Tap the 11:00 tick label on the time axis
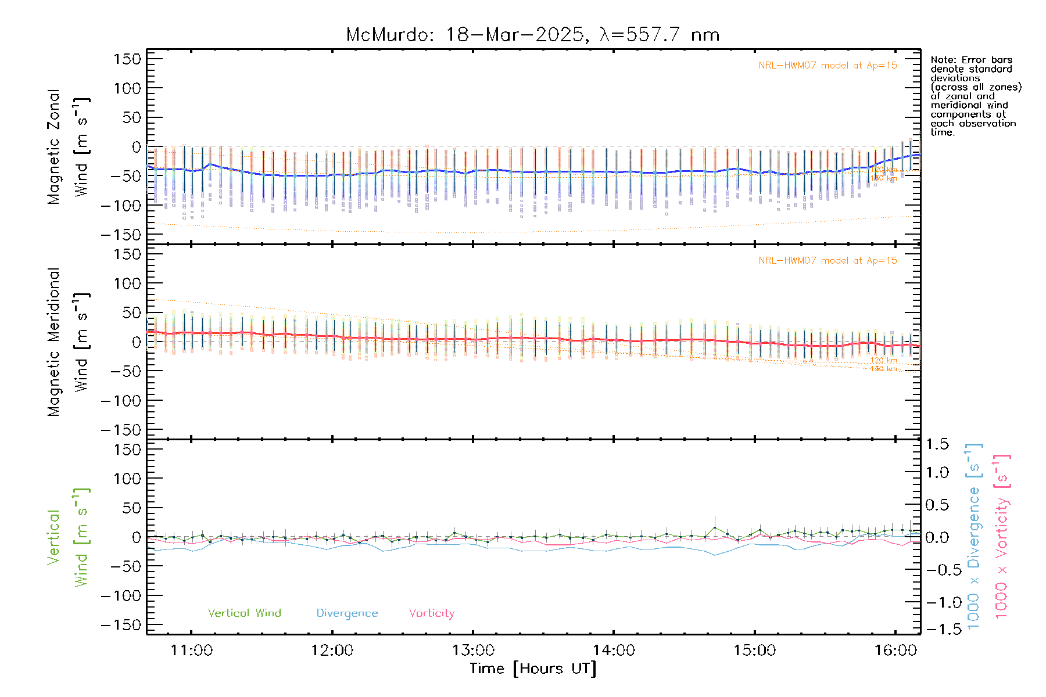point(191,651)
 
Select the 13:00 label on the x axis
point(473,651)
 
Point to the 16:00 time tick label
point(895,651)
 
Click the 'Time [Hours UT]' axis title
point(533,669)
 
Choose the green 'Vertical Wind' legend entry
point(244,613)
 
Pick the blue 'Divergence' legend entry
point(347,613)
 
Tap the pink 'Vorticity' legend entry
point(431,613)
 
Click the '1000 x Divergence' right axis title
point(974,537)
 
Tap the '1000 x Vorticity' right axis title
point(1002,537)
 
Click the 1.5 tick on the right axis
point(937,444)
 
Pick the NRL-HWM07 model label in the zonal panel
point(828,66)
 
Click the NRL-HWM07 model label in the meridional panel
point(828,261)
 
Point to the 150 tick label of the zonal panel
point(128,59)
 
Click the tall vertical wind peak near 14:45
point(715,528)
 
